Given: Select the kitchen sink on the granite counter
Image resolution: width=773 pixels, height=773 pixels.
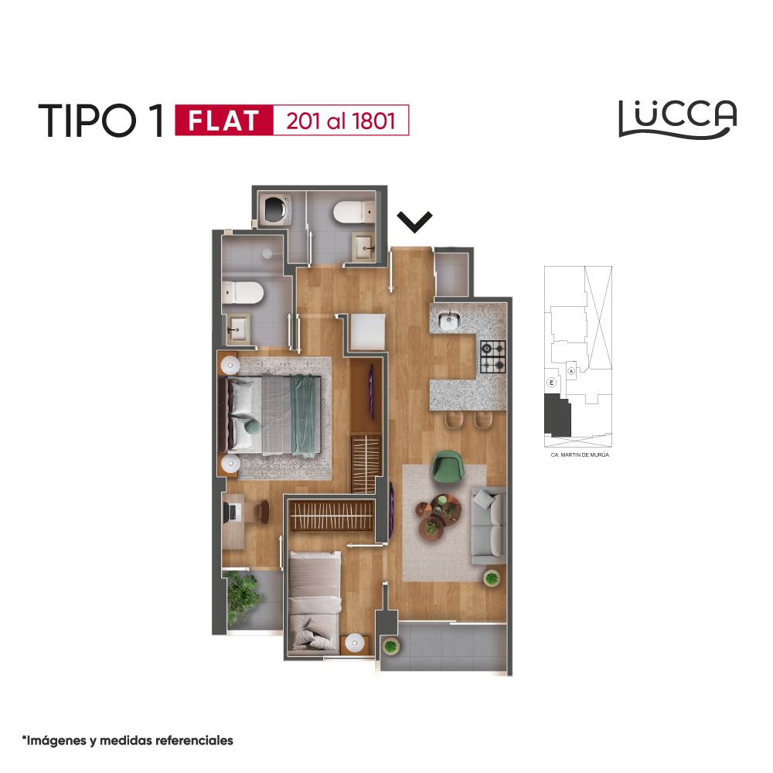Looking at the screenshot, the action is (449, 321).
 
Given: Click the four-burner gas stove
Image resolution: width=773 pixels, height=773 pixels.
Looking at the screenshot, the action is (493, 356).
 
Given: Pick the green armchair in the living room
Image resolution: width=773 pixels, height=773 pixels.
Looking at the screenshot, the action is (448, 466).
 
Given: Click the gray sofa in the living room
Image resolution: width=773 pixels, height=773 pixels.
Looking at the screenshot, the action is (489, 525).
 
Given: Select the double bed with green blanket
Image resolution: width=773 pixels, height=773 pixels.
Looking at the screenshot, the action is (270, 415).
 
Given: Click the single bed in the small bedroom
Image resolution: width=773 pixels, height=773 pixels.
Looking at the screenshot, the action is (315, 601).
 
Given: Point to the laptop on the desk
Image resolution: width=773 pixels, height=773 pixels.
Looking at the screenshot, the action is (230, 512).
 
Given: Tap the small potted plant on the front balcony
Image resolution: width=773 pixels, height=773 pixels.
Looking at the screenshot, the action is (390, 645).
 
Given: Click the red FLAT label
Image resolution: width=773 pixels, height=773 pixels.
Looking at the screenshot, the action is (224, 121).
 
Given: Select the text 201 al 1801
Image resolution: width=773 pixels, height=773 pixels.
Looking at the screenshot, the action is (341, 121).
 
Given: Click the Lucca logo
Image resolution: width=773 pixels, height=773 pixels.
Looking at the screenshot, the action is (677, 119).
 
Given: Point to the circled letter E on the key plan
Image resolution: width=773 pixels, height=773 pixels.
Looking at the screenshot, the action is (552, 383).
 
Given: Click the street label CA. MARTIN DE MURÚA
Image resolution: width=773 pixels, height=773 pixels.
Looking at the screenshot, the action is (580, 455).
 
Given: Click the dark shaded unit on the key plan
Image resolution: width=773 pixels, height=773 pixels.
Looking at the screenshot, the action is (557, 415).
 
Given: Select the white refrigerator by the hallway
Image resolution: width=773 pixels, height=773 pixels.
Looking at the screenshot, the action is (367, 332).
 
